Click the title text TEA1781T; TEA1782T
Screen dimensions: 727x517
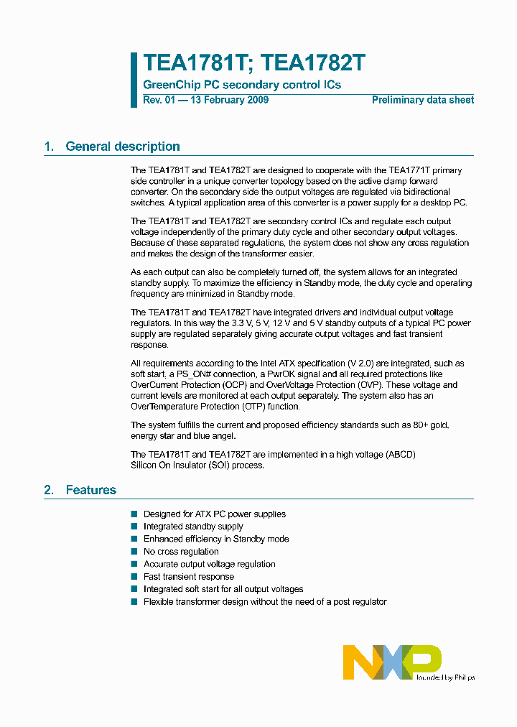[x=254, y=63]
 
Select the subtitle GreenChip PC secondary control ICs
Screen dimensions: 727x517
[x=242, y=85]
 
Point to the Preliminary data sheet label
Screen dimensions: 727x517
[x=422, y=100]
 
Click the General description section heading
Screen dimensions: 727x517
[x=122, y=147]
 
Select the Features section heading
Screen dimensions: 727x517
[x=90, y=490]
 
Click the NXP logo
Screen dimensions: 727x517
[x=392, y=662]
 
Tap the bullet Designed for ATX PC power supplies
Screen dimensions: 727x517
[x=214, y=514]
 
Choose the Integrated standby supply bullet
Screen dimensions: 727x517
[x=193, y=527]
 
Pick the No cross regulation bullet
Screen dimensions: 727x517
[x=181, y=552]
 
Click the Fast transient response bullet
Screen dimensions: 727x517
[x=188, y=577]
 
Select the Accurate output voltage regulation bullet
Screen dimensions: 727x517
[x=209, y=564]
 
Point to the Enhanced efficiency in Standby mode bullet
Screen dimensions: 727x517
[x=215, y=539]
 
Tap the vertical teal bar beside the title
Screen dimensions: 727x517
[x=134, y=80]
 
